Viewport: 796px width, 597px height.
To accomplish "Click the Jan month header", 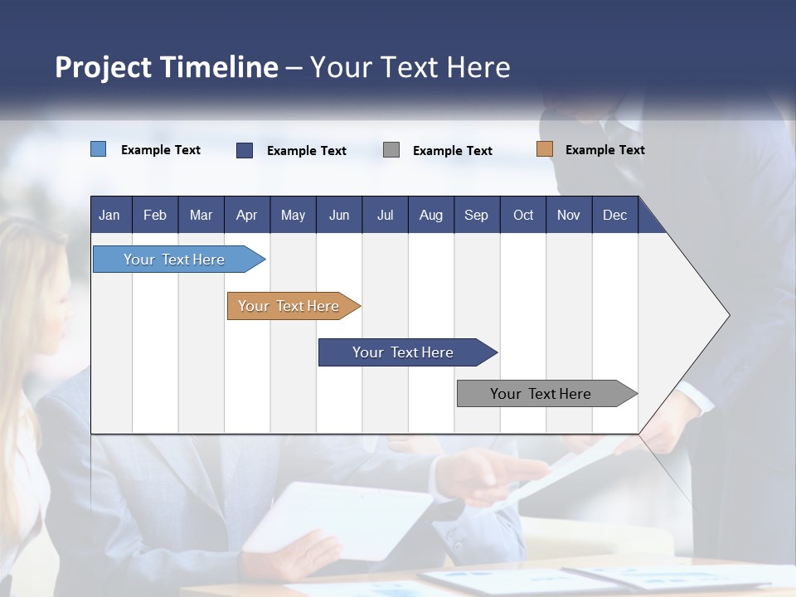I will tap(109, 216).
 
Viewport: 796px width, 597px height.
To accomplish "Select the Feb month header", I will tap(155, 216).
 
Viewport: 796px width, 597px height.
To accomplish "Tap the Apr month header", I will tap(246, 216).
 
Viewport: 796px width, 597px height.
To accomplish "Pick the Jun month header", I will tap(339, 216).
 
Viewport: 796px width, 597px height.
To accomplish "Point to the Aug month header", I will tap(430, 216).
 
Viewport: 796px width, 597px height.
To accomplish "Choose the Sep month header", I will tap(476, 216).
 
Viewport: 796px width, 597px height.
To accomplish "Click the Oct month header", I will tap(523, 216).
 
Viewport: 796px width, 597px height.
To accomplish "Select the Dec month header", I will tap(614, 216).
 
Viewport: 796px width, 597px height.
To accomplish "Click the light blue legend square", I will tap(99, 149).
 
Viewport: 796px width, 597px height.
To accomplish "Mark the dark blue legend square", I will tap(245, 150).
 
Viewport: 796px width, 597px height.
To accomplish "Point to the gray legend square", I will tap(391, 150).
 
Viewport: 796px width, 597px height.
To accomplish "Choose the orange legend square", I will tap(544, 149).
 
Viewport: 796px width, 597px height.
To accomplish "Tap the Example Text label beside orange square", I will tap(604, 150).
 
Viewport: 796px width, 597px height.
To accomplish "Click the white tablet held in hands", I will tap(340, 518).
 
